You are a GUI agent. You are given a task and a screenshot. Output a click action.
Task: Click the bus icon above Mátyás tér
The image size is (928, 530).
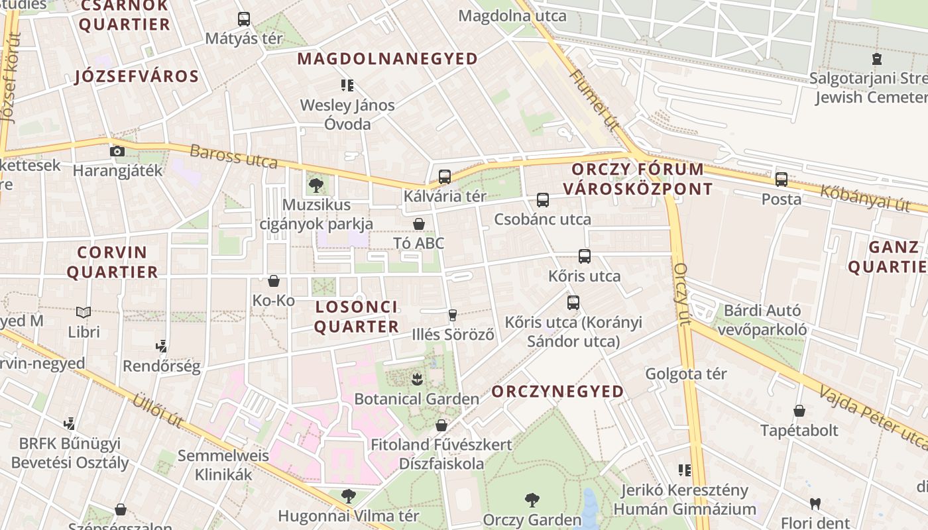click(244, 19)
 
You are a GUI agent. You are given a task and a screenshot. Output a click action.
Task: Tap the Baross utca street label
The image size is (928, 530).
click(233, 156)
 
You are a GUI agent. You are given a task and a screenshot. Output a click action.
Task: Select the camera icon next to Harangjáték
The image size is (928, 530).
click(117, 151)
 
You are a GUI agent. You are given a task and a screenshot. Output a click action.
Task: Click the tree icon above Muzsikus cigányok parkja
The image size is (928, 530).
click(316, 185)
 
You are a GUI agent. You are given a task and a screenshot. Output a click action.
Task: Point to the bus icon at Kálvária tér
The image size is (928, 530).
click(445, 177)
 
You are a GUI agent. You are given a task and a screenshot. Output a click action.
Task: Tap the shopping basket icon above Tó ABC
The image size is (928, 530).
click(419, 224)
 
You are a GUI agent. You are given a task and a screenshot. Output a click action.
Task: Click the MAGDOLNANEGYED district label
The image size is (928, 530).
click(387, 59)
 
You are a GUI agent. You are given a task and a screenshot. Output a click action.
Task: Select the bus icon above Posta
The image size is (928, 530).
click(782, 180)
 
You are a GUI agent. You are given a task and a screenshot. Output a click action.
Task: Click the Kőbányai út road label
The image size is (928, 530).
click(864, 198)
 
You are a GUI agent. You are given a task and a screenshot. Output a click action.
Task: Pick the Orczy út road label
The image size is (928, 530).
click(682, 294)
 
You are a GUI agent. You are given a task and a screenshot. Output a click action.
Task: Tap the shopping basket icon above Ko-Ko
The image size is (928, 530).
click(273, 281)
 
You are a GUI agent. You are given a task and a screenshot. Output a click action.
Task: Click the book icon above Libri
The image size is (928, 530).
click(84, 312)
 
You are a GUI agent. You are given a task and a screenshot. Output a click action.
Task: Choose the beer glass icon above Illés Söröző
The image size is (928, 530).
click(453, 315)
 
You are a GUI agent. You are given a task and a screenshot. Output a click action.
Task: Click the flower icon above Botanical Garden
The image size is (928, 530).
click(416, 380)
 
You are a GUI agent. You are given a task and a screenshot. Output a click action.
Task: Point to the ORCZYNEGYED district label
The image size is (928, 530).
click(557, 392)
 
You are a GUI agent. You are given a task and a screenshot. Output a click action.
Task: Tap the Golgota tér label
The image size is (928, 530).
click(686, 374)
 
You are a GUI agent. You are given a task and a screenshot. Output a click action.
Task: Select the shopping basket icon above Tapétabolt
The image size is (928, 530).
click(799, 411)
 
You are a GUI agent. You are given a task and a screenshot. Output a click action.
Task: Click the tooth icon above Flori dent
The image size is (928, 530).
click(815, 503)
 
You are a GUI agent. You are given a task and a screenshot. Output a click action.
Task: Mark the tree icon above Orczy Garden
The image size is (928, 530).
click(532, 500)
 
